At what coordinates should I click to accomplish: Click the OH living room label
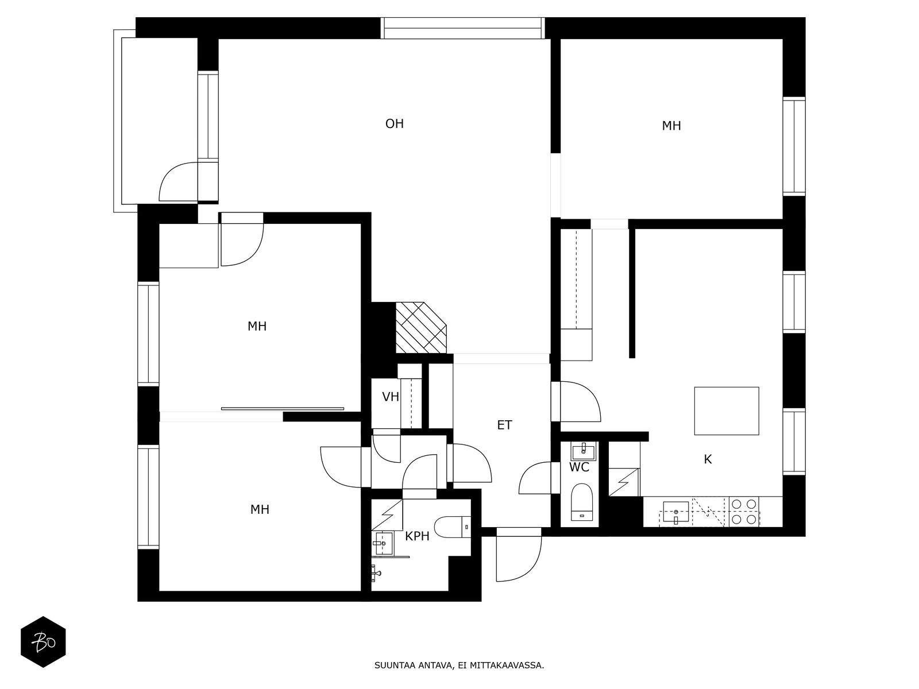point(395,124)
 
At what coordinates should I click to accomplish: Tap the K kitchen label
point(708,459)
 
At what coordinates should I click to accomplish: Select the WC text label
point(579,467)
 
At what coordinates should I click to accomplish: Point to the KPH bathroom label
point(417,536)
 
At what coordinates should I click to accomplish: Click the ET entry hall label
point(504,425)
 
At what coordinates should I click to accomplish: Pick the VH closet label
point(390,397)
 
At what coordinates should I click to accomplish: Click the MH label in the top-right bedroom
point(671,126)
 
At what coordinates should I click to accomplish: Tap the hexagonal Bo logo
point(43,642)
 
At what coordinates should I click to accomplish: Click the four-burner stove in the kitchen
point(744,512)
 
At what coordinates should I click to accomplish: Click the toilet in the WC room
point(582,502)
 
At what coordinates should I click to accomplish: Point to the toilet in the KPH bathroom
point(453,527)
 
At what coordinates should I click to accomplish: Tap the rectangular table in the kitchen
point(727,411)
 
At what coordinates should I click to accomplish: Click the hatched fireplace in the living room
point(421,327)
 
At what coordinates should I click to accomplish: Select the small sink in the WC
point(583,451)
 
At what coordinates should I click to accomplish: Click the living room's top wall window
point(462,28)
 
